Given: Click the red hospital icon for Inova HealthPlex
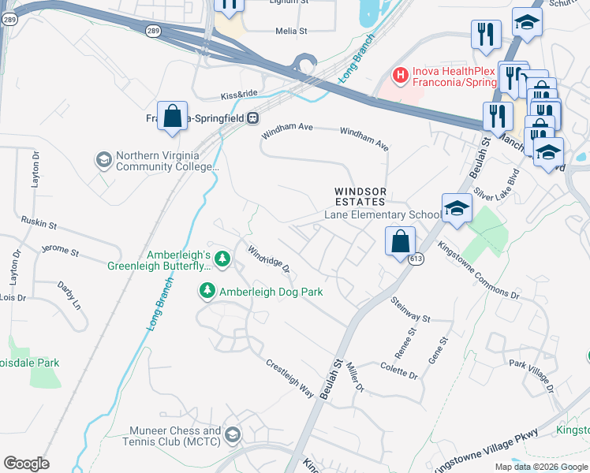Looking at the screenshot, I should pyautogui.click(x=401, y=75).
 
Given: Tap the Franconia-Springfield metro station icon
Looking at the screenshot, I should pyautogui.click(x=252, y=118).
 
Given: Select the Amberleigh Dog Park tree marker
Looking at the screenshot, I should pyautogui.click(x=207, y=292).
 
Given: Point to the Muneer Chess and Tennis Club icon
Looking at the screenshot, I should pyautogui.click(x=233, y=434).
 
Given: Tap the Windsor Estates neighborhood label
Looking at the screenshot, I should pyautogui.click(x=360, y=196).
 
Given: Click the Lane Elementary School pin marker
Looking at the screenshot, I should pyautogui.click(x=457, y=209).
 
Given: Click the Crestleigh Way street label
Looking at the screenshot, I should pyautogui.click(x=289, y=378).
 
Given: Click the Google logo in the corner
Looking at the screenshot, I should pyautogui.click(x=26, y=464).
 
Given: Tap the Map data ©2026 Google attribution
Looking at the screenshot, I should pyautogui.click(x=541, y=467).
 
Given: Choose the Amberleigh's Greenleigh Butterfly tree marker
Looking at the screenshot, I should pyautogui.click(x=222, y=258).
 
